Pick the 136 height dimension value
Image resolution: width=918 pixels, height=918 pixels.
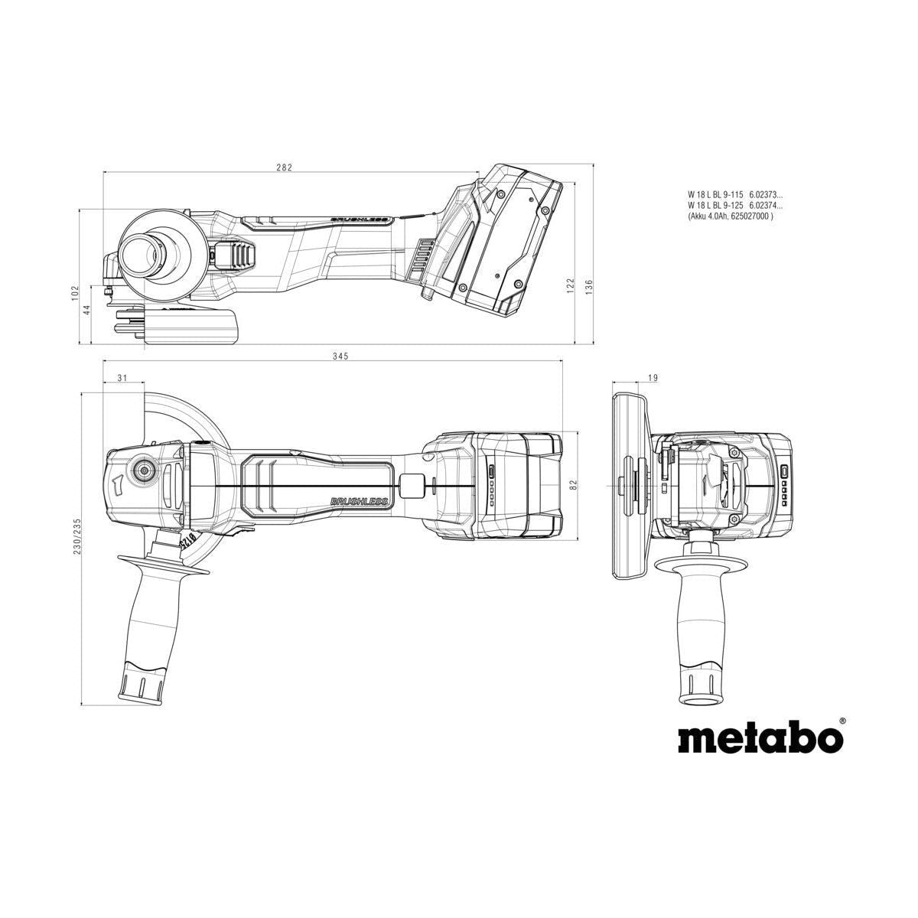pos(588,285)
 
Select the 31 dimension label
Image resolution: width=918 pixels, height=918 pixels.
pos(123,378)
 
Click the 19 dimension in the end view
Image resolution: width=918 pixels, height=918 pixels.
pos(630,378)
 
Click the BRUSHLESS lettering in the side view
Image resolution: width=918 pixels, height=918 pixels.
pos(360,220)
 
